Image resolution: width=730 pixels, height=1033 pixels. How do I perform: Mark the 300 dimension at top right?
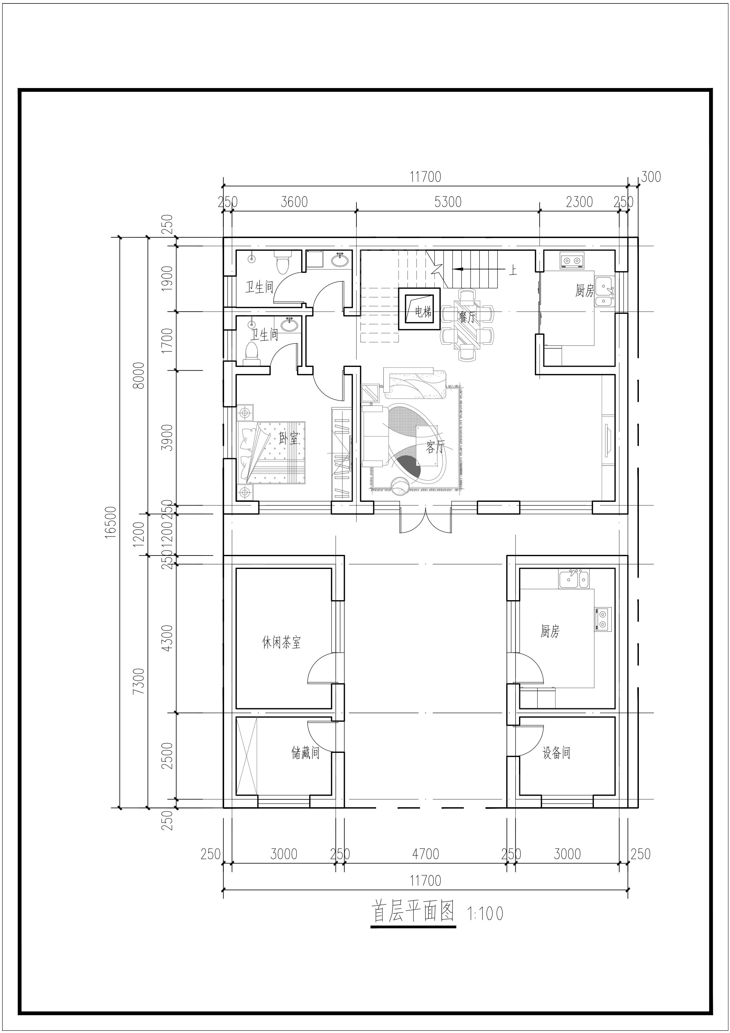[x=651, y=177]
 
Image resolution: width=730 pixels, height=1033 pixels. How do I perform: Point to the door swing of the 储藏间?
[x=320, y=736]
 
